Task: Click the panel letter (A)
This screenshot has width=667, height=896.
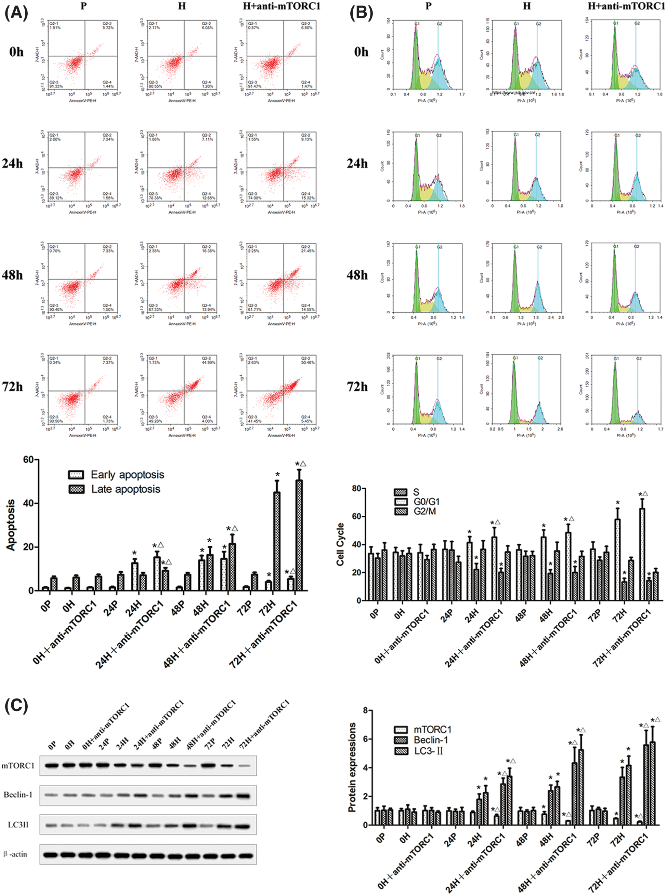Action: click(x=16, y=13)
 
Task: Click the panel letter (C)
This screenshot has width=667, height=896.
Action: click(x=16, y=706)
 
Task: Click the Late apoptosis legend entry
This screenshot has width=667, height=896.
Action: click(x=126, y=489)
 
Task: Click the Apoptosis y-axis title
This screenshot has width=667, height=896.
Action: click(x=11, y=525)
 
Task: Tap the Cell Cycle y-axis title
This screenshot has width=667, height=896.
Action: click(x=340, y=544)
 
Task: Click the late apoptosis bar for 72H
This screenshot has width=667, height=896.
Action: click(x=277, y=541)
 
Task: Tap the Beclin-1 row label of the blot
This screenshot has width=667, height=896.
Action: click(x=18, y=795)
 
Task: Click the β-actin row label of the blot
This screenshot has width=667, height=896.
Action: click(x=16, y=854)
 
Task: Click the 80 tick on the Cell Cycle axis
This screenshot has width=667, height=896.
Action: click(x=356, y=489)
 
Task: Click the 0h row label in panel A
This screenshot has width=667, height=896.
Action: click(x=16, y=52)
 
